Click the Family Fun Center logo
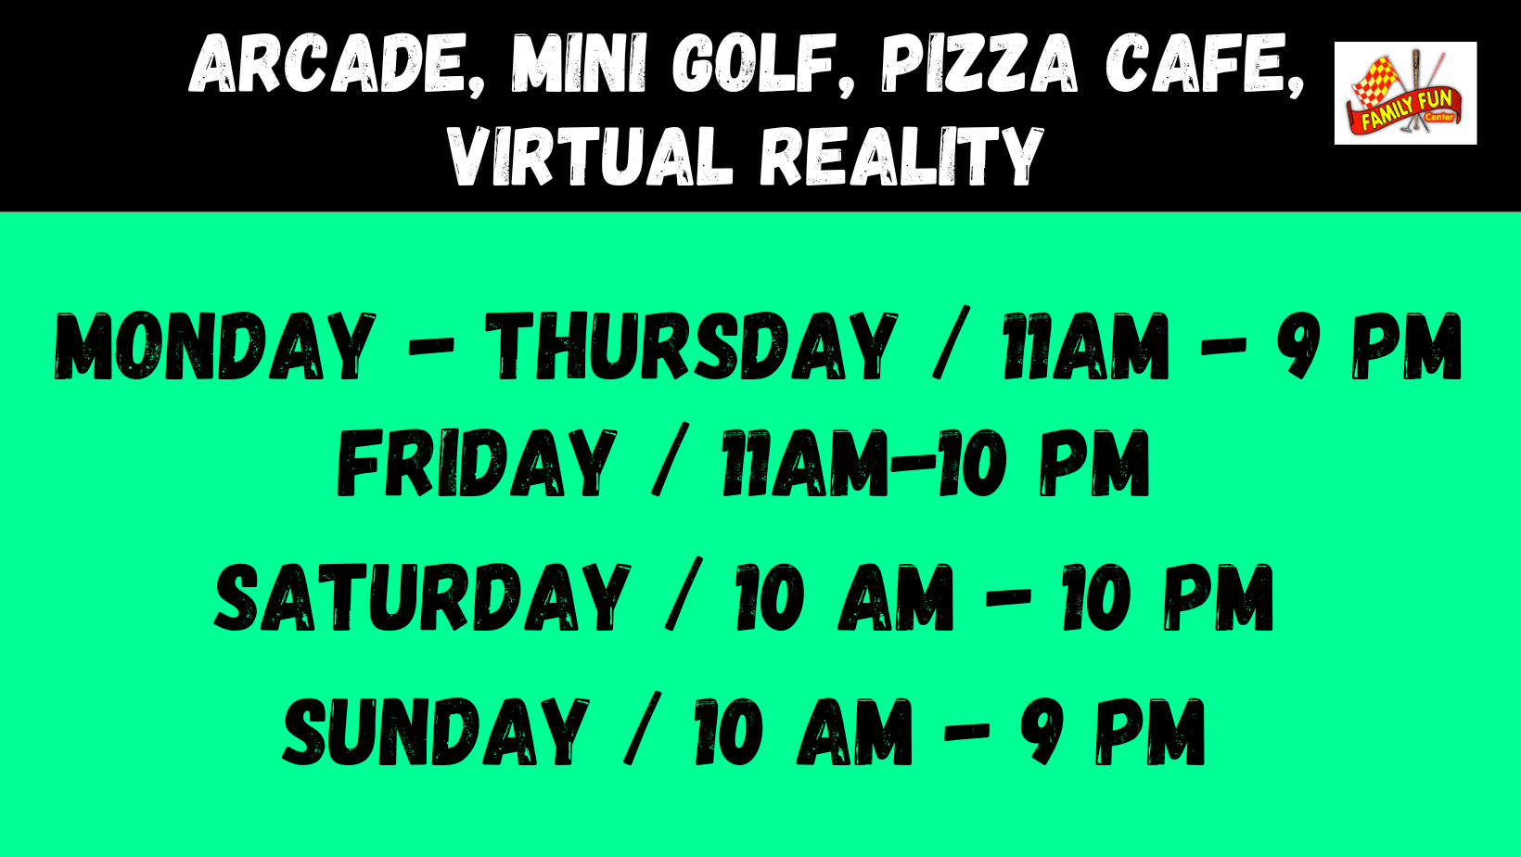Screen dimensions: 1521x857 [1405, 93]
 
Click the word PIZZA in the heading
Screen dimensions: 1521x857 [979, 62]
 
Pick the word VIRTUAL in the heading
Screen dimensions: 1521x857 [591, 156]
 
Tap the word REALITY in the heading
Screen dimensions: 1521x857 [901, 156]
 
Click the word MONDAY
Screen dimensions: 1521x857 [214, 346]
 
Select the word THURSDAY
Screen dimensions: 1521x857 [691, 346]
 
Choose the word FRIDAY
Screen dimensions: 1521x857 [477, 463]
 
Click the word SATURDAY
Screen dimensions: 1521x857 [422, 597]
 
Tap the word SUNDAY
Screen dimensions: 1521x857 [435, 732]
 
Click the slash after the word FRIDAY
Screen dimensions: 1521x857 [670, 459]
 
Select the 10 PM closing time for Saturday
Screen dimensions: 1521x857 [1167, 597]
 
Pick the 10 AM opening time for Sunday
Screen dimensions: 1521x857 [802, 732]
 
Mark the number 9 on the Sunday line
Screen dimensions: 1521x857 [1046, 732]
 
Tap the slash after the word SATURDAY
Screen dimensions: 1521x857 [684, 594]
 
